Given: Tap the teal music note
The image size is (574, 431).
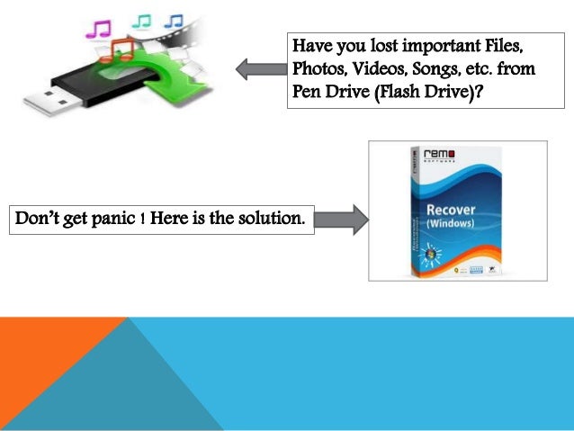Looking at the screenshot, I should pyautogui.click(x=142, y=20).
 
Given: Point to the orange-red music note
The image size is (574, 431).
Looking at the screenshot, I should pyautogui.click(x=121, y=49).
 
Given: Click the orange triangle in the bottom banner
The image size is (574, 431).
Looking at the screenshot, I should pyautogui.click(x=45, y=360).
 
